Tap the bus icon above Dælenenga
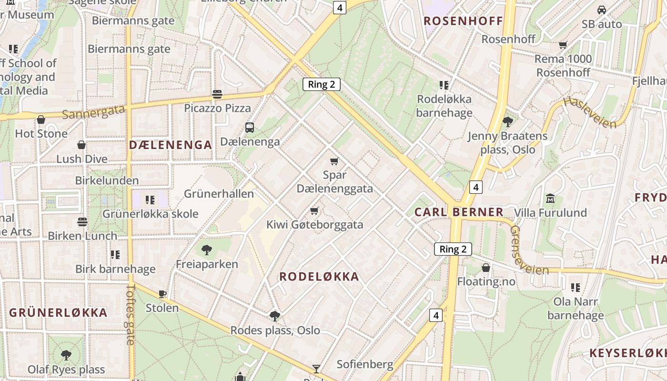tap(250, 128)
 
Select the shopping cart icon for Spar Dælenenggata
tap(334, 161)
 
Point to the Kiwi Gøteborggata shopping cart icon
tap(314, 211)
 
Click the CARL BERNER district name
tap(459, 212)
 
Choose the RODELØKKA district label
tap(319, 277)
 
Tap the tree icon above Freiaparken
tap(206, 250)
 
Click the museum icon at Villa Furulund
tap(550, 198)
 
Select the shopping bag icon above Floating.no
tap(486, 268)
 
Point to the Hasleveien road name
tap(589, 112)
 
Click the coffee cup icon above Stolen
tap(162, 294)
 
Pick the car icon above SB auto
tap(602, 10)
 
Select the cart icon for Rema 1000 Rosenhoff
tap(563, 45)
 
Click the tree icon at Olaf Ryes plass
tap(66, 355)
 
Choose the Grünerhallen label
tap(219, 194)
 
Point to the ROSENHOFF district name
tap(463, 21)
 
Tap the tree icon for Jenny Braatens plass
tap(507, 121)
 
